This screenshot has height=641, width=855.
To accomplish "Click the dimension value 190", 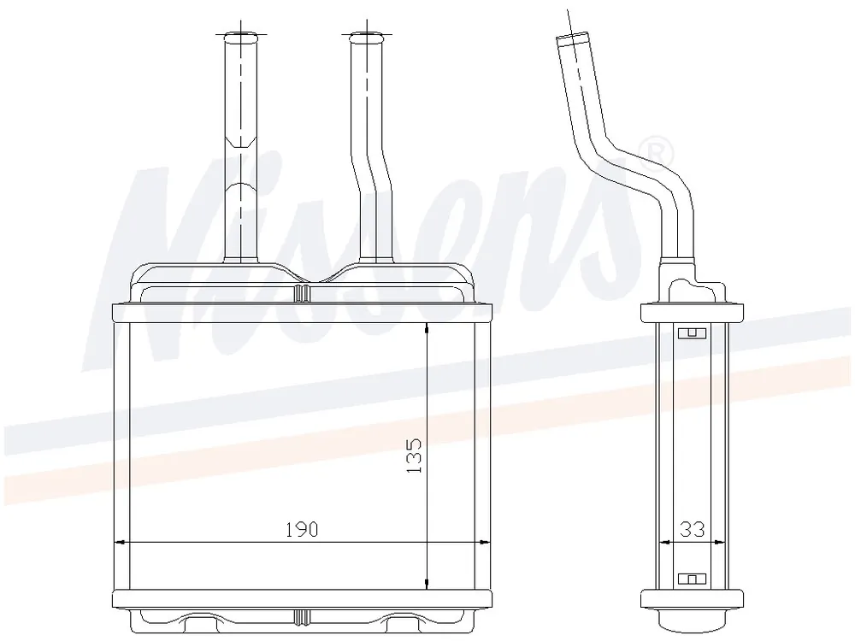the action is pyautogui.click(x=302, y=529).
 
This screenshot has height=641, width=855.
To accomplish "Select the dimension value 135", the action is pyautogui.click(x=415, y=456).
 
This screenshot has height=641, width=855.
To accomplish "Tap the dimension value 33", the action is pyautogui.click(x=693, y=529).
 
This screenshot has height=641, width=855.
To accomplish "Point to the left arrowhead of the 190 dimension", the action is pyautogui.click(x=120, y=543).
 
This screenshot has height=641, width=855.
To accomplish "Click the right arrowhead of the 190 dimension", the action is pyautogui.click(x=483, y=543).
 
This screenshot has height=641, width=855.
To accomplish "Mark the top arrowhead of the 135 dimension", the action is pyautogui.click(x=427, y=329).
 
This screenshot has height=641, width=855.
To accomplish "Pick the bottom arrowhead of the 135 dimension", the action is pyautogui.click(x=427, y=582).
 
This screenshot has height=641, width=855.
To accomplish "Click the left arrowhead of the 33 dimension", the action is pyautogui.click(x=664, y=543).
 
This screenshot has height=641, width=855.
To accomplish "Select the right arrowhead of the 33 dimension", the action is pyautogui.click(x=720, y=543).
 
